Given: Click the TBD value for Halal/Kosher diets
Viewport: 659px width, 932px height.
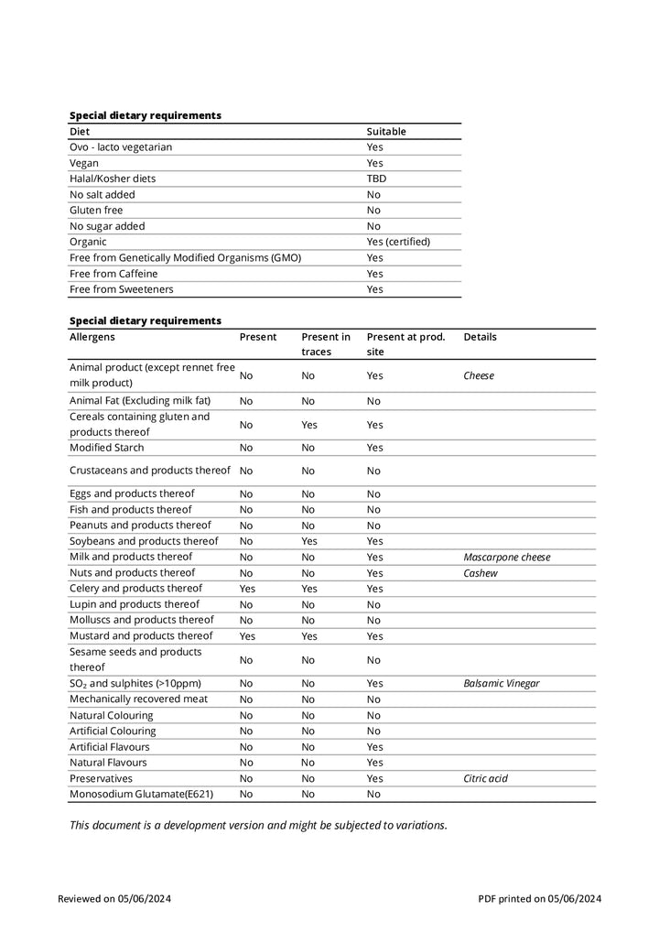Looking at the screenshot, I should pyautogui.click(x=376, y=179).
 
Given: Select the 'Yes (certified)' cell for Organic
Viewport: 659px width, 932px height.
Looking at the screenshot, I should pyautogui.click(x=398, y=242).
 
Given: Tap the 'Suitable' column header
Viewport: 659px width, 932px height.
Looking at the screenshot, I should pyautogui.click(x=386, y=131).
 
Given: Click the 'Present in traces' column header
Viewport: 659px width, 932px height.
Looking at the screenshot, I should pyautogui.click(x=326, y=344).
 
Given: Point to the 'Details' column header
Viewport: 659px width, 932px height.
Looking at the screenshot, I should pyautogui.click(x=480, y=337).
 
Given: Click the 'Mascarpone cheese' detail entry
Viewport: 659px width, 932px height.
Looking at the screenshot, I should pyautogui.click(x=506, y=557).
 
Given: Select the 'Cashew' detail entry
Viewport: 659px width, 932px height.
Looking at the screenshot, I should pyautogui.click(x=481, y=573).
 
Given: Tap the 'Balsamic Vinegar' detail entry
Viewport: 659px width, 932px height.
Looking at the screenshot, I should pyautogui.click(x=501, y=683).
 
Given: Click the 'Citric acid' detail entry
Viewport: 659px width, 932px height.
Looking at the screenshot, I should pyautogui.click(x=485, y=778).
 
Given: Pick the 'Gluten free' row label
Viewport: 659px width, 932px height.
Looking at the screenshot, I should pyautogui.click(x=96, y=210).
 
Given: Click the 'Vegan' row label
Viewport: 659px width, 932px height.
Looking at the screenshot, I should pyautogui.click(x=84, y=163).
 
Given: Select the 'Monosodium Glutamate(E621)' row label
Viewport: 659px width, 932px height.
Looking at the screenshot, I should pyautogui.click(x=141, y=794).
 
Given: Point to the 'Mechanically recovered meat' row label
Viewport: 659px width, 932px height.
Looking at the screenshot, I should pyautogui.click(x=138, y=699).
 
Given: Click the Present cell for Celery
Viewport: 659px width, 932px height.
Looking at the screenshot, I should pyautogui.click(x=247, y=589).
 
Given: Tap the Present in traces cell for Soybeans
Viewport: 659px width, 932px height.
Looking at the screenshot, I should pyautogui.click(x=309, y=541).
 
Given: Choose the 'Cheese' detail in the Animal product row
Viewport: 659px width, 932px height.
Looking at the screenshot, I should pyautogui.click(x=479, y=375).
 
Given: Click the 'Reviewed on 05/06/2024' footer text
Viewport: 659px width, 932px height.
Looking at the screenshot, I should pyautogui.click(x=114, y=898).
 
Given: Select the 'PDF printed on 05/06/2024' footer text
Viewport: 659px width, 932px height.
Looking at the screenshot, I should pyautogui.click(x=539, y=898).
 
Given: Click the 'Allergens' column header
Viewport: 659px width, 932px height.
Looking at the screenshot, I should pyautogui.click(x=92, y=337).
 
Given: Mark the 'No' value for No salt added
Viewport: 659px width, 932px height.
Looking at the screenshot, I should pyautogui.click(x=373, y=194).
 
